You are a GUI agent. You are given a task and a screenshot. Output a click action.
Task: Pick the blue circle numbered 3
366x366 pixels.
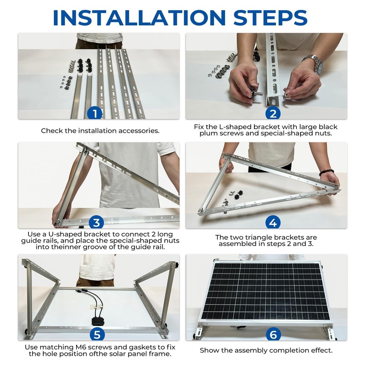[x=96, y=223]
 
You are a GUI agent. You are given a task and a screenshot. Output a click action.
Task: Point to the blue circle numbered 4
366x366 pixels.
[x=273, y=223]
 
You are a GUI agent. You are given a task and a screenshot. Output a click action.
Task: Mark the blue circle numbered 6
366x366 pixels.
[x=273, y=334]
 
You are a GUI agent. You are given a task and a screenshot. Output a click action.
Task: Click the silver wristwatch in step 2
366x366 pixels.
[x=315, y=64]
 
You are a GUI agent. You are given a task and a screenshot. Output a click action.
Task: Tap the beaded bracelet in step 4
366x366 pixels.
[x=326, y=172]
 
